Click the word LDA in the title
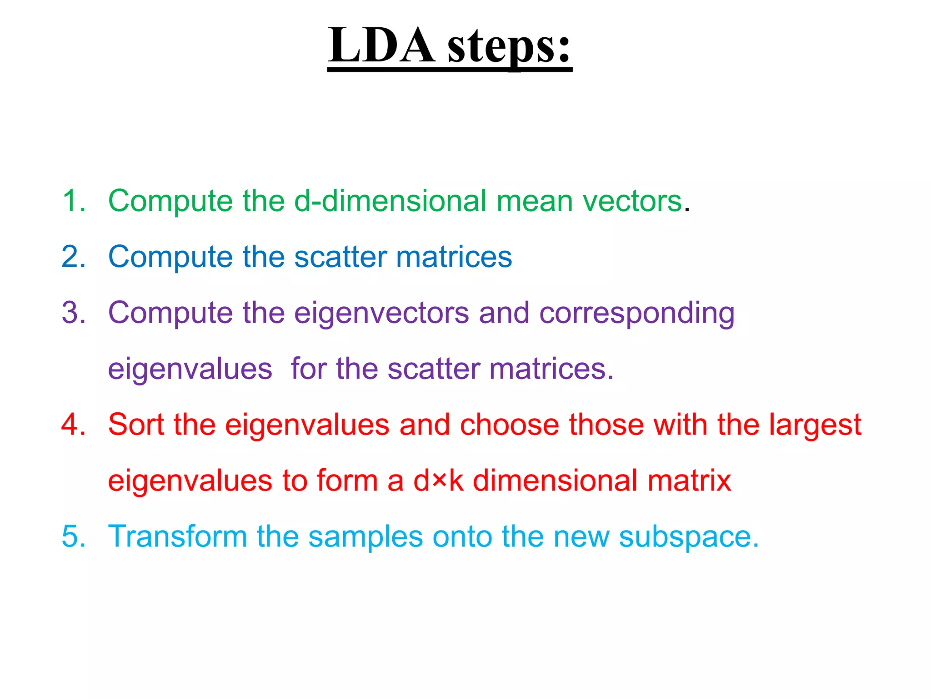coord(381,46)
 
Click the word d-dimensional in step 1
coord(390,201)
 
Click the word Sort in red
coord(135,425)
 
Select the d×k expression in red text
coord(438,481)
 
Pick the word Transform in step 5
coord(177,537)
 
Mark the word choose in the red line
coord(509,425)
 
